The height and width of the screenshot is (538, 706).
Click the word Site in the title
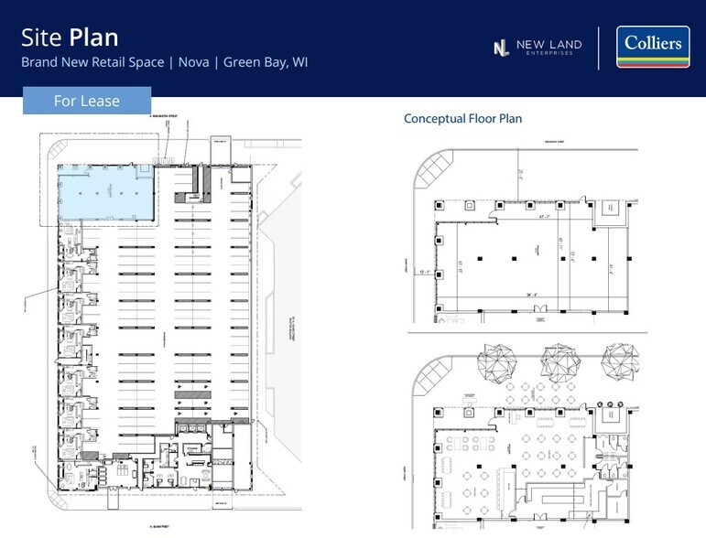click(42, 38)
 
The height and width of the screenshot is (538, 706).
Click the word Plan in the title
click(93, 38)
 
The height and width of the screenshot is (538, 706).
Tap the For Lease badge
click(86, 101)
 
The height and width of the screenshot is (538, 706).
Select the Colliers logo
click(652, 47)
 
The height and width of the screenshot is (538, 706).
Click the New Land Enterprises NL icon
click(501, 48)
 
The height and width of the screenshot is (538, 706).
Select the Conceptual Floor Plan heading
click(462, 119)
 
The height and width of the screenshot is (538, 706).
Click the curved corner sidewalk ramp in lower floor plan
click(430, 381)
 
